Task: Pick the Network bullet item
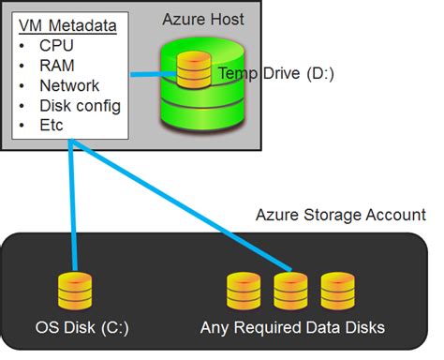click(x=69, y=86)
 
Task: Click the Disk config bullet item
click(x=80, y=105)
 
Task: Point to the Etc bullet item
click(x=52, y=125)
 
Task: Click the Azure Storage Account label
click(x=341, y=215)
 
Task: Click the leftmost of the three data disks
click(x=243, y=292)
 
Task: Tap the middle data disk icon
click(x=289, y=292)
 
